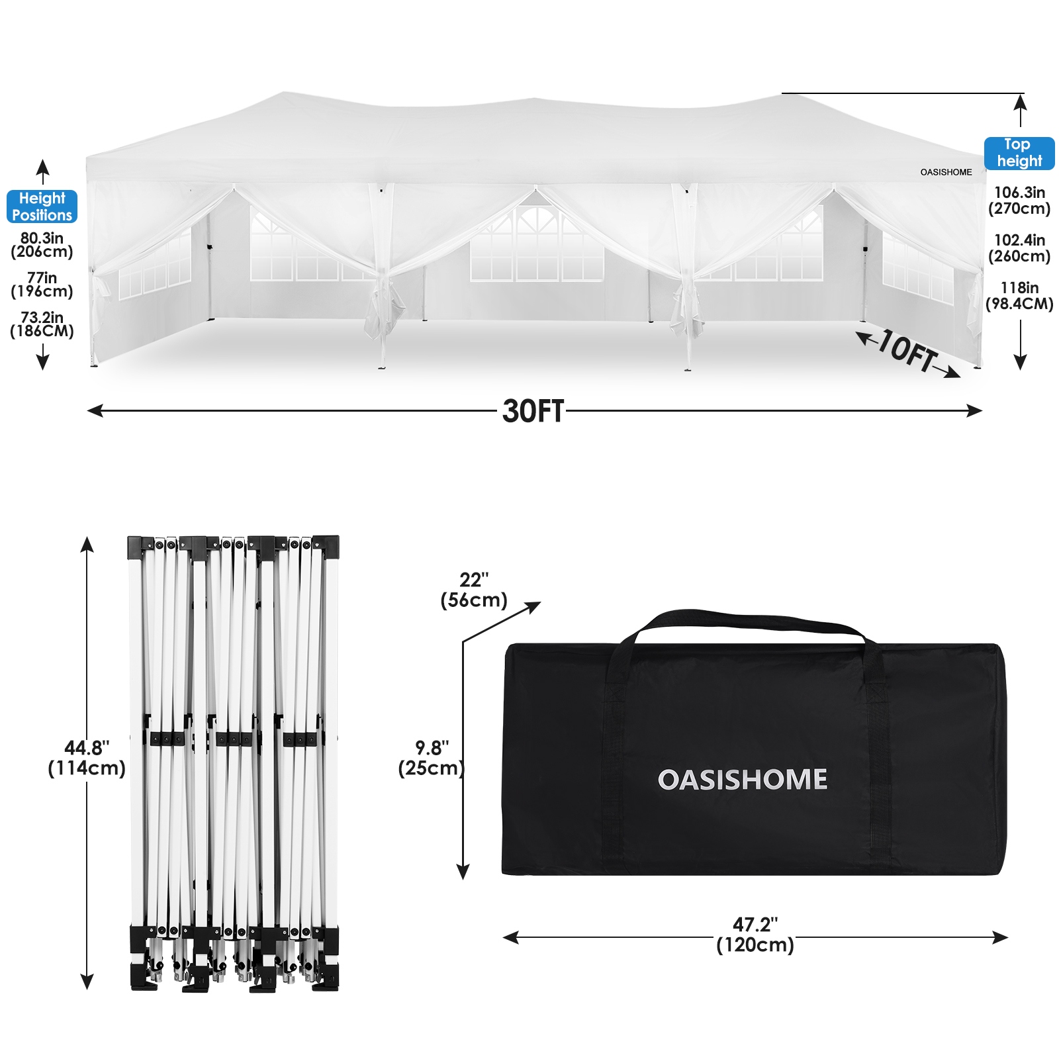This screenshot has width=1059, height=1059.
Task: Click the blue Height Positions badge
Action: pyautogui.click(x=42, y=207)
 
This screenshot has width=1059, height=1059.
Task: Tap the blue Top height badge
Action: pyautogui.click(x=1019, y=153)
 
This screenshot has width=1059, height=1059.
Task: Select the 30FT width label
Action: pyautogui.click(x=533, y=411)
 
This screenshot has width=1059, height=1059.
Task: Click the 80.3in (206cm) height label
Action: pyautogui.click(x=42, y=244)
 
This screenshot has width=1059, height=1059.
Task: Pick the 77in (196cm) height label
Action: pyautogui.click(x=42, y=285)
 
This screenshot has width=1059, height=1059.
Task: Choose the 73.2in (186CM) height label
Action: pyautogui.click(x=42, y=324)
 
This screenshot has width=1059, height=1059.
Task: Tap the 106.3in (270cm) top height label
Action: pyautogui.click(x=1019, y=201)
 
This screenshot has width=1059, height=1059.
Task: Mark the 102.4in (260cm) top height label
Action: pyautogui.click(x=1019, y=248)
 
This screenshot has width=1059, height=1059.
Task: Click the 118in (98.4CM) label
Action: pyautogui.click(x=1019, y=296)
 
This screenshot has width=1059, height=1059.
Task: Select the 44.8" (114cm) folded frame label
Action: pyautogui.click(x=87, y=759)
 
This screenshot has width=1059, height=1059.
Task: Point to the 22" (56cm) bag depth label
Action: pyautogui.click(x=474, y=590)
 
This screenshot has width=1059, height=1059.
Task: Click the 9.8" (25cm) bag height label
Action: pyautogui.click(x=432, y=759)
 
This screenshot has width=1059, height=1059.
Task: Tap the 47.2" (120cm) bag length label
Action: pyautogui.click(x=755, y=935)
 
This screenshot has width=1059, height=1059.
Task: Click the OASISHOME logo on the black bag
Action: pyautogui.click(x=743, y=780)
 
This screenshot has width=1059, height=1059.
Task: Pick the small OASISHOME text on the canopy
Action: pyautogui.click(x=946, y=172)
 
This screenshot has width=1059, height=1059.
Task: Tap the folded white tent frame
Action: pyautogui.click(x=234, y=763)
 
